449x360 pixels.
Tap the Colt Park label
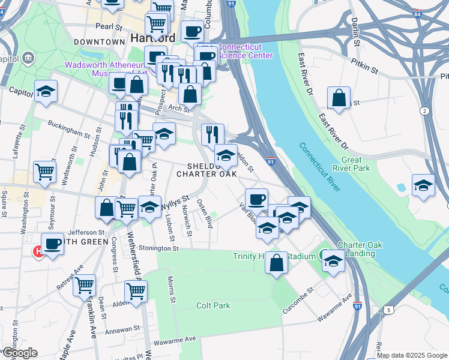213,305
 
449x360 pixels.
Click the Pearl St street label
108,27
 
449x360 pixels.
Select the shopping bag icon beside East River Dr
339,99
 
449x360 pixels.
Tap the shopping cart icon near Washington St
45,172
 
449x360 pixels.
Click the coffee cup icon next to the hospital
53,244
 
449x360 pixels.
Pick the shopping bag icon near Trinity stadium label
276,263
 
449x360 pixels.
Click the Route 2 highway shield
424,111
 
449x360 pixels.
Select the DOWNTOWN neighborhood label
99,42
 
